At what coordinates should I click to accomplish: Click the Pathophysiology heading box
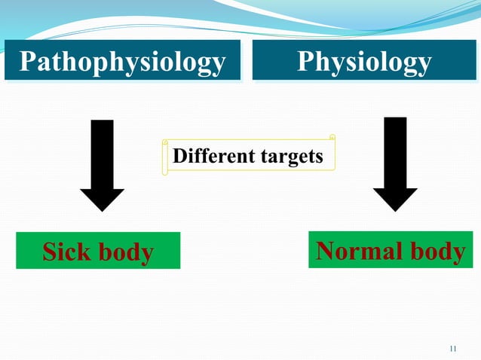121,61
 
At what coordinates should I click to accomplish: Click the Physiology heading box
363,61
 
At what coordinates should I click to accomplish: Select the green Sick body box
98,251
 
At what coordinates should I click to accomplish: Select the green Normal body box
391,250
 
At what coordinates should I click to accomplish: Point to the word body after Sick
124,252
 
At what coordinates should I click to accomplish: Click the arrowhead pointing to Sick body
102,200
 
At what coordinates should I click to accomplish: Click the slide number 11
452,348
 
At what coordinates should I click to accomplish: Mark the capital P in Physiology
306,61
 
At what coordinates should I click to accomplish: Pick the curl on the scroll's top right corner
332,138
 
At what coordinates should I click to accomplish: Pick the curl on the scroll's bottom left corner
165,172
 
